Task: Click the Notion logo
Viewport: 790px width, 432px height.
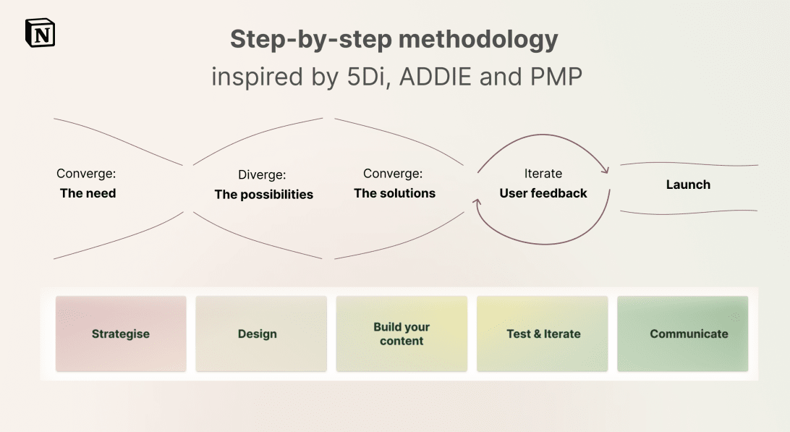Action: pyautogui.click(x=40, y=33)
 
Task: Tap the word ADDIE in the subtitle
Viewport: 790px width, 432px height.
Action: pyautogui.click(x=436, y=77)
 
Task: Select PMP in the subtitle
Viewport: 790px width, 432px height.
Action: pyautogui.click(x=556, y=77)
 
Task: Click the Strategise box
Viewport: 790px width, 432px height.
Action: pyautogui.click(x=121, y=334)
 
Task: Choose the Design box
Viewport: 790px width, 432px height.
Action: pyautogui.click(x=261, y=334)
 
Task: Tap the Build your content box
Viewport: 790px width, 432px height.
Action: pyautogui.click(x=402, y=334)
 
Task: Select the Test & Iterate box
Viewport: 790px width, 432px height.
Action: pyautogui.click(x=542, y=334)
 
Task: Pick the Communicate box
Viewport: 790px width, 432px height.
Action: pyautogui.click(x=683, y=334)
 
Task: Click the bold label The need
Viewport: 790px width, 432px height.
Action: pyautogui.click(x=88, y=193)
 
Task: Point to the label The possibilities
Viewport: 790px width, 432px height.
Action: pyautogui.click(x=263, y=195)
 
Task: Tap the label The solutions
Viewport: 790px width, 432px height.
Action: pyautogui.click(x=394, y=193)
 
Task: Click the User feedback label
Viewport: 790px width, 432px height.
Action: pyautogui.click(x=543, y=193)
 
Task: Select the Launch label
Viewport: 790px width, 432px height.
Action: pyautogui.click(x=688, y=185)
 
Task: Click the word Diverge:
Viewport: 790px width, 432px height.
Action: pyautogui.click(x=262, y=175)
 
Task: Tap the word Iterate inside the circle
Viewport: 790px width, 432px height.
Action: pyautogui.click(x=543, y=174)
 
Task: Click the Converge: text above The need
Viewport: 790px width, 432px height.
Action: pyautogui.click(x=86, y=174)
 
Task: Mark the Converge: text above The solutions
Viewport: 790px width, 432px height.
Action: pyautogui.click(x=393, y=174)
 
